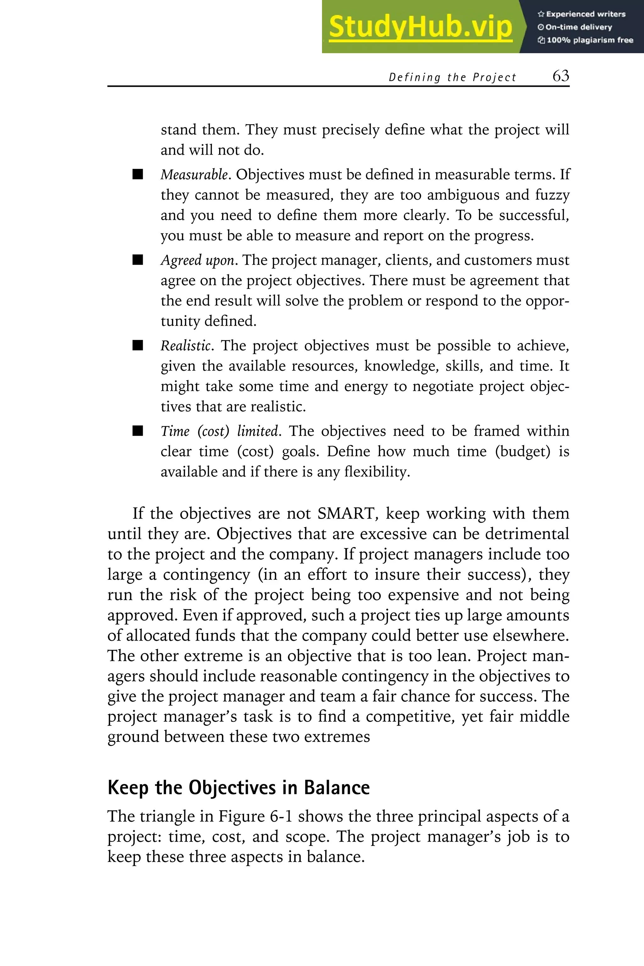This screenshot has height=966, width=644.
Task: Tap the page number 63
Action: (561, 76)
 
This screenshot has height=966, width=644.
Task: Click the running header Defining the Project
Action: (452, 77)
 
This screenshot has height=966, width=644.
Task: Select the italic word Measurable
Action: (194, 175)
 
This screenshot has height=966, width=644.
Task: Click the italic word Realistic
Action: (186, 346)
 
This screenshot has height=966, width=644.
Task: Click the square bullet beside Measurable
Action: (138, 174)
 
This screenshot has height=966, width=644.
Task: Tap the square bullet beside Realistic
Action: (138, 345)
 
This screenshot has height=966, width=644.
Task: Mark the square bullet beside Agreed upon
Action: (138, 260)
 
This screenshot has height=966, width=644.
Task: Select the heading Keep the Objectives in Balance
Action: (239, 788)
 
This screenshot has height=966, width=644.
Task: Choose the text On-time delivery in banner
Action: (579, 27)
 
